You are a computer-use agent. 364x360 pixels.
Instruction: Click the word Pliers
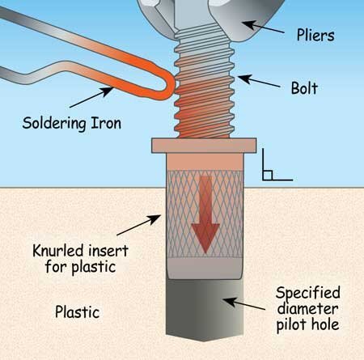point(315,36)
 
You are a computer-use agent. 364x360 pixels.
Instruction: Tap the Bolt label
point(304,88)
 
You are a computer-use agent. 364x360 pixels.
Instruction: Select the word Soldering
point(54,124)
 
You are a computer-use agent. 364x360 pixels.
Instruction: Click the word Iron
point(106,123)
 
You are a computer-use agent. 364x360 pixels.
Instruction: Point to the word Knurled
point(57,251)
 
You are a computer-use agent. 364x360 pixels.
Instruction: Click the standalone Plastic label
point(78,312)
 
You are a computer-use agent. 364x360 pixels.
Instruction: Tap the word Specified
point(308,294)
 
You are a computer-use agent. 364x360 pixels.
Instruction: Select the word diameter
point(307,309)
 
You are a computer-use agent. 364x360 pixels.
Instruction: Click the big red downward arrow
point(205,214)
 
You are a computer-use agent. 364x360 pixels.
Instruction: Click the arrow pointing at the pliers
point(264,27)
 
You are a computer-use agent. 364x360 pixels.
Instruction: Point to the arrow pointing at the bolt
point(259,82)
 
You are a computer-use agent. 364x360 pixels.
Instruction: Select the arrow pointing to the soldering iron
point(91,97)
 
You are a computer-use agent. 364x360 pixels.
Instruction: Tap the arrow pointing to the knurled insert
point(139,225)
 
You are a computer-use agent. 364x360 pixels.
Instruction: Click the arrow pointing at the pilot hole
point(244,304)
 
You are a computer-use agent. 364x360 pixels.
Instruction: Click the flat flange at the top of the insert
point(204,146)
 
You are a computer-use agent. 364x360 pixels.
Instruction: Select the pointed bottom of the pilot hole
point(205,338)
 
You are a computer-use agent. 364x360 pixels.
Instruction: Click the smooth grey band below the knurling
point(205,269)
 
